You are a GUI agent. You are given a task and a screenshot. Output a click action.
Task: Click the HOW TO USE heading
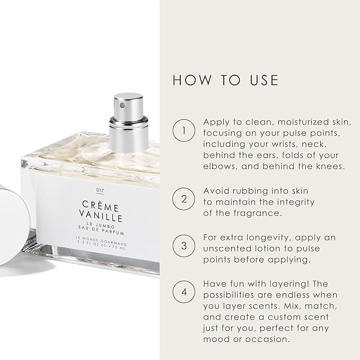(x=225, y=80)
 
